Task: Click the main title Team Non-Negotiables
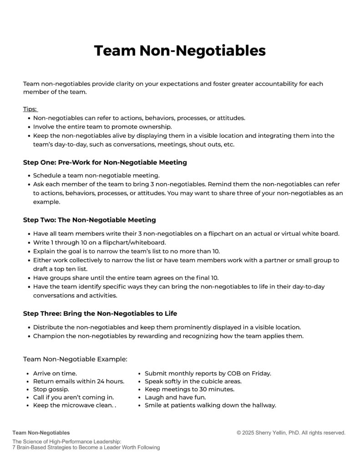tap(180, 51)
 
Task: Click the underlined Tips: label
tap(30, 109)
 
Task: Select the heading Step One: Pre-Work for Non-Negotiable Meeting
tap(105, 162)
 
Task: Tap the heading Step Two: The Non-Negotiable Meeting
tap(89, 220)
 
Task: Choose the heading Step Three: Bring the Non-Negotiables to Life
tap(100, 314)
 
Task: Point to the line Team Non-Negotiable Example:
tap(75, 359)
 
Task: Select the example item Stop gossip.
tap(51, 390)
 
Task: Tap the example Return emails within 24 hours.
tap(79, 381)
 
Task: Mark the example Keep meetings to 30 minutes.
tap(189, 390)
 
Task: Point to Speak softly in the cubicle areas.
tap(193, 381)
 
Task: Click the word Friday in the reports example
tap(261, 373)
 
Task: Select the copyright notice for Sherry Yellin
tap(291, 433)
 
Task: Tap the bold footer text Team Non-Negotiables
tap(41, 433)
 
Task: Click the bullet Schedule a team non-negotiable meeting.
tap(96, 175)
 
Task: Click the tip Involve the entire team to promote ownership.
tap(102, 127)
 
